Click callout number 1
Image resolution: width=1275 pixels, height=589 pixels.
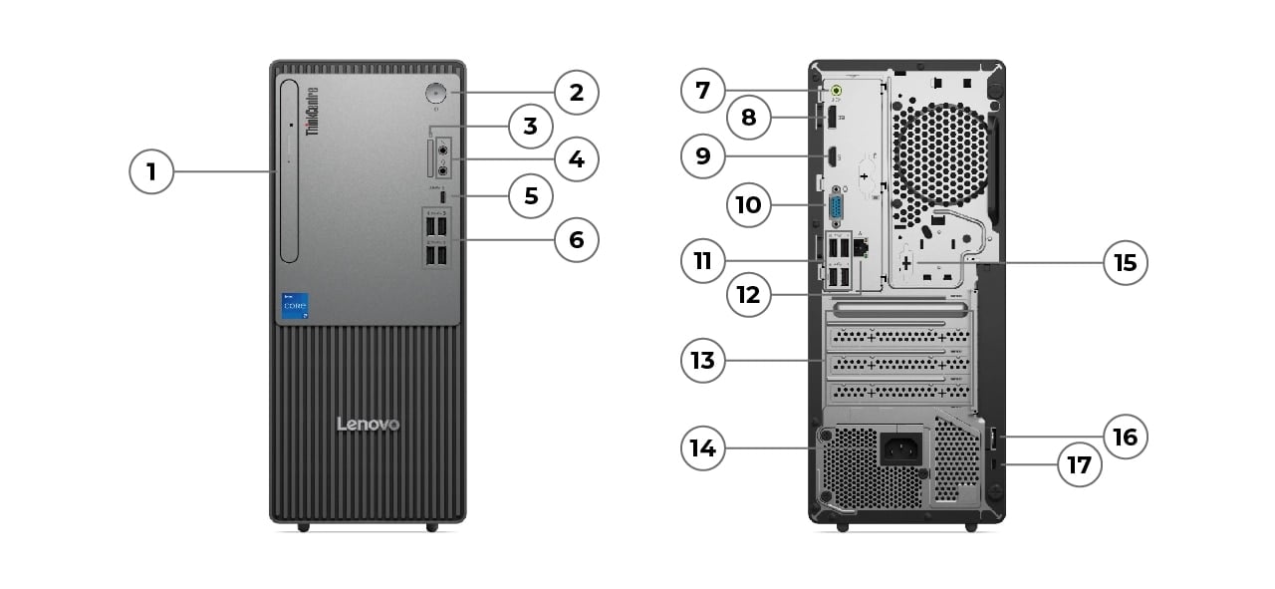click(x=151, y=172)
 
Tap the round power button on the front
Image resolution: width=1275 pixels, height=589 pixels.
click(x=436, y=94)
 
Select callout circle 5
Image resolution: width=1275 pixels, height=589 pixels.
click(x=530, y=196)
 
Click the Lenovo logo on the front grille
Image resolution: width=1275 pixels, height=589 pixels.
click(x=368, y=425)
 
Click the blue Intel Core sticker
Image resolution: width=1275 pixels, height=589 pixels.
click(x=295, y=305)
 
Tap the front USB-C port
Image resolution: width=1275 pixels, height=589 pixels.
click(x=441, y=196)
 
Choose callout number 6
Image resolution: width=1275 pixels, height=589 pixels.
click(x=576, y=240)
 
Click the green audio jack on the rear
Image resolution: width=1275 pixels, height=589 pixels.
click(x=839, y=94)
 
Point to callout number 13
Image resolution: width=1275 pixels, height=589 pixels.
click(x=703, y=359)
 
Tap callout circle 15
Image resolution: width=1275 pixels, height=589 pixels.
click(x=1126, y=263)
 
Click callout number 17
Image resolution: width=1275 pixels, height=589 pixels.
click(x=1079, y=464)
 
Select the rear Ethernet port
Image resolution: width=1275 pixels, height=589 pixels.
click(x=863, y=245)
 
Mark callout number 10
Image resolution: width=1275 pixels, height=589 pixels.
click(x=748, y=205)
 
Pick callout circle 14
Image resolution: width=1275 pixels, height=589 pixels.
click(x=703, y=448)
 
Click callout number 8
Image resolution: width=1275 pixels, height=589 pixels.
click(x=748, y=119)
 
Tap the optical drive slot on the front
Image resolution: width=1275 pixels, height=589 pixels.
click(x=290, y=172)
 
